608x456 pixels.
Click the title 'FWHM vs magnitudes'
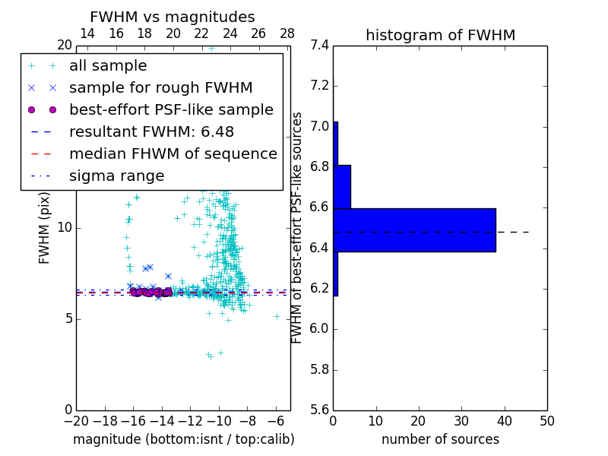pos(173,17)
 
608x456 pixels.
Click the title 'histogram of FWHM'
pos(440,35)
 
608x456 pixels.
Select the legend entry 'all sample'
pos(108,66)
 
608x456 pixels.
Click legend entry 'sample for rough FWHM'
pos(160,88)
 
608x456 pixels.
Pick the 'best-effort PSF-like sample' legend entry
pos(171,109)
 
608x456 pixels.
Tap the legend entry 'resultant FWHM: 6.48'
pos(151,131)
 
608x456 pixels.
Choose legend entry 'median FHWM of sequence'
pos(173,154)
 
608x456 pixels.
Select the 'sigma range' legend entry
pos(116,176)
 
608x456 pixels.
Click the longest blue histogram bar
pos(414,230)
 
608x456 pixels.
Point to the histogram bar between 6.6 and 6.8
pos(342,186)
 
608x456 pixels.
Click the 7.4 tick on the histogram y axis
pos(320,45)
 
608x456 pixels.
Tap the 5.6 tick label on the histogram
pos(320,410)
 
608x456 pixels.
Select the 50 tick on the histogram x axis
pos(547,420)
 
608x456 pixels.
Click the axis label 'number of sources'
pos(440,439)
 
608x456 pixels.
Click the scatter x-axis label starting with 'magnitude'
pos(183,439)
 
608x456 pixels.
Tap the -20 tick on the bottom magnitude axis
pos(76,420)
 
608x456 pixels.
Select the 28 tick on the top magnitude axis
pos(287,33)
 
